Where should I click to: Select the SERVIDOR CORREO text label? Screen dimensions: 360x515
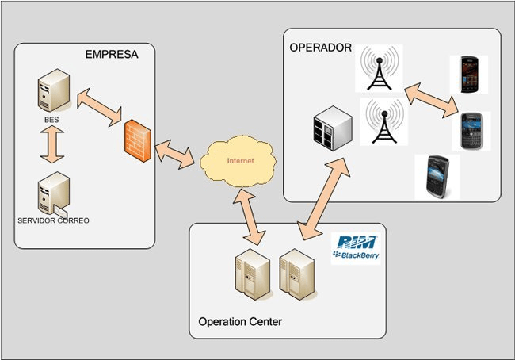pos(53,219)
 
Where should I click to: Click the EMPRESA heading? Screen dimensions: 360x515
pos(112,55)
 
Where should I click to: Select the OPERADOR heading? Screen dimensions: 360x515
pos(320,48)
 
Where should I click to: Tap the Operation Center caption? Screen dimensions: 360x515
pos(239,322)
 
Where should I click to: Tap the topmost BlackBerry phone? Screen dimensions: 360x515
pos(468,75)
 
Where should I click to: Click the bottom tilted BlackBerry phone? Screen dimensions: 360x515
pos(437,176)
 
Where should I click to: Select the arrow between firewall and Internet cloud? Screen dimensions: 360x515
pos(175,153)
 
